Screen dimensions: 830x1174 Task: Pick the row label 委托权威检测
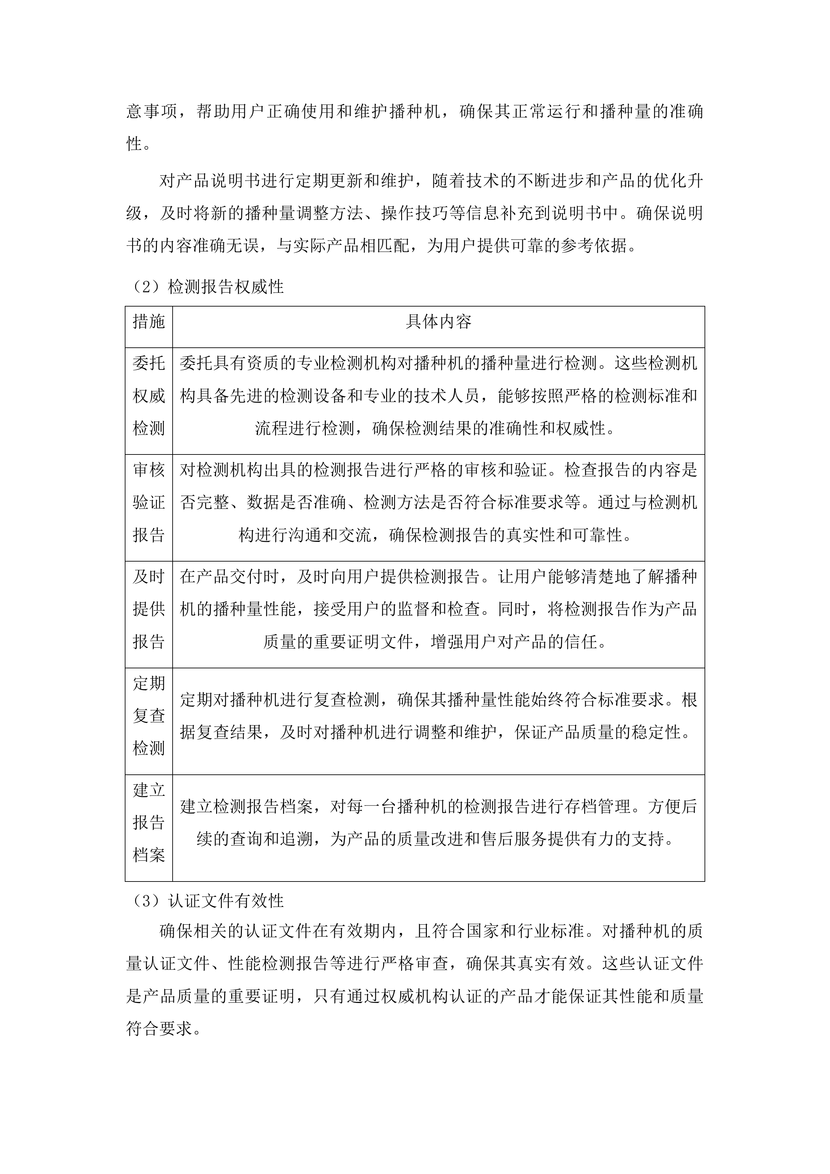point(149,396)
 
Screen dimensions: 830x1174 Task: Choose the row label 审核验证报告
point(149,503)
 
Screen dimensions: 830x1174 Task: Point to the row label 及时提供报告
point(149,609)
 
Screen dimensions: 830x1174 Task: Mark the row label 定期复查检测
point(149,716)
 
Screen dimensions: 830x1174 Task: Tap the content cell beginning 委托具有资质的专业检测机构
point(439,396)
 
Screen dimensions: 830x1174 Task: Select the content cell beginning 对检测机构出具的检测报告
point(439,503)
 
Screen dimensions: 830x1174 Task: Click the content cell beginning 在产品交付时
point(439,609)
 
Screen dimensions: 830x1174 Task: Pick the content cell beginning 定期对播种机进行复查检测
point(439,716)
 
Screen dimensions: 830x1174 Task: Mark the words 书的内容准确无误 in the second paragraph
point(194,246)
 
